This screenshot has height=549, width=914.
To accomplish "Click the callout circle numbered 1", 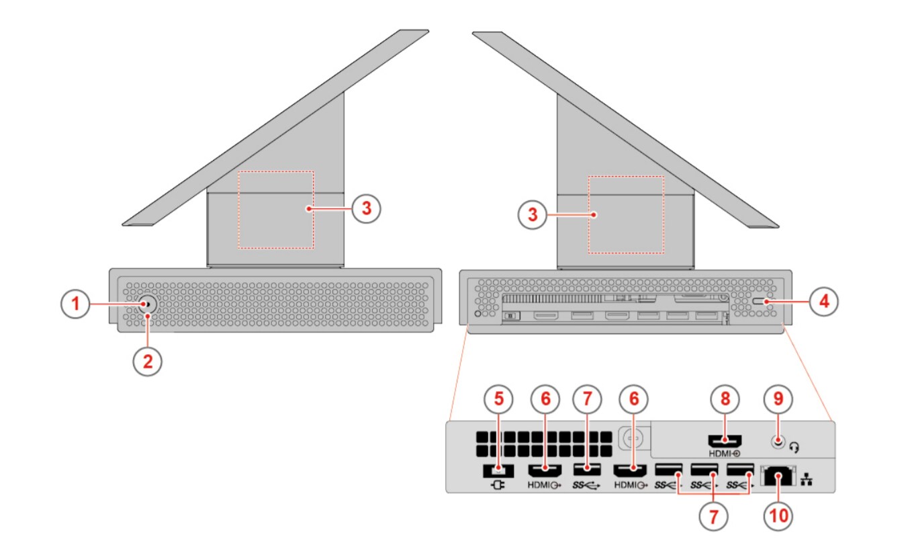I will click(76, 304).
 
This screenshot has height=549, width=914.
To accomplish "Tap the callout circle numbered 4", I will click(824, 302).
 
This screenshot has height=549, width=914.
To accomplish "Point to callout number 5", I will click(498, 398).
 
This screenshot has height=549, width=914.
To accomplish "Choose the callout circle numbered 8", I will click(725, 398).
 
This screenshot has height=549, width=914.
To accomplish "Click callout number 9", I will click(778, 398).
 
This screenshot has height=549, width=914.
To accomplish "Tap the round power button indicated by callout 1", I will click(147, 304).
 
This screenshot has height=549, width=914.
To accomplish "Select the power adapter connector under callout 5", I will click(498, 470).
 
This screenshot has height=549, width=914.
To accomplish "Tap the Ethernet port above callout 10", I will click(778, 476).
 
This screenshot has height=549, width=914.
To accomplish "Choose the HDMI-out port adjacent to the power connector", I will click(545, 470).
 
